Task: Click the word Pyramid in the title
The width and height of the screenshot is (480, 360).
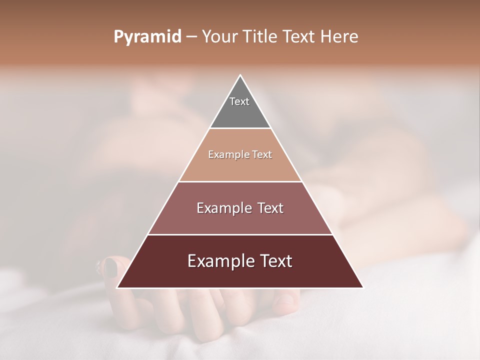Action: (147, 37)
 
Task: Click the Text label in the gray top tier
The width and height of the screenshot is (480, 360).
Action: (239, 101)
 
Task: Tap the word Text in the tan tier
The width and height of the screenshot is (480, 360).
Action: (262, 155)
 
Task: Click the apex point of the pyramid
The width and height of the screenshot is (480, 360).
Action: (240, 75)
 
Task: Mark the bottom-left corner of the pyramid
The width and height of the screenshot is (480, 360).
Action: (117, 288)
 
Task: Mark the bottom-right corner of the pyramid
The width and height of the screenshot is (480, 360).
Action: (362, 288)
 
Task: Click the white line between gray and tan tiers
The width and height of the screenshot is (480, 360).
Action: (240, 128)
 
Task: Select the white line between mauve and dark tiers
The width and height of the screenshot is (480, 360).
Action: (240, 234)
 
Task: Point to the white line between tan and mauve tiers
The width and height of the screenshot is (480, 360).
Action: (240, 181)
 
